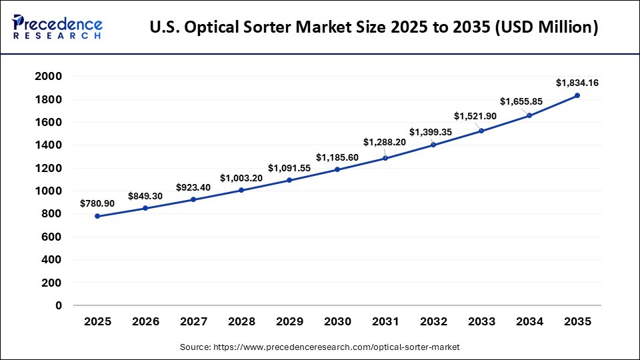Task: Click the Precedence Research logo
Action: pyautogui.click(x=57, y=27)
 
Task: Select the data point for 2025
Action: pyautogui.click(x=98, y=216)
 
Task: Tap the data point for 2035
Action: pyautogui.click(x=577, y=95)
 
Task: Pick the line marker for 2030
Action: pyautogui.click(x=337, y=169)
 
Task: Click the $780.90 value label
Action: pyautogui.click(x=97, y=203)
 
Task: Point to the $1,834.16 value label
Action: pyautogui.click(x=577, y=83)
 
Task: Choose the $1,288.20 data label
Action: pyautogui.click(x=385, y=142)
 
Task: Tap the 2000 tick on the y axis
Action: pyautogui.click(x=49, y=77)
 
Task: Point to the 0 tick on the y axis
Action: pyautogui.click(x=59, y=305)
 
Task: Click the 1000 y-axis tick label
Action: pyautogui.click(x=49, y=191)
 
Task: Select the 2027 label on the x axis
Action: pyautogui.click(x=193, y=322)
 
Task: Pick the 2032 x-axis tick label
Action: pyautogui.click(x=433, y=322)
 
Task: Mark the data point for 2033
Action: pyautogui.click(x=481, y=131)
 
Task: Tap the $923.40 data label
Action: pyautogui.click(x=193, y=187)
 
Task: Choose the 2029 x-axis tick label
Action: pyautogui.click(x=289, y=322)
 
